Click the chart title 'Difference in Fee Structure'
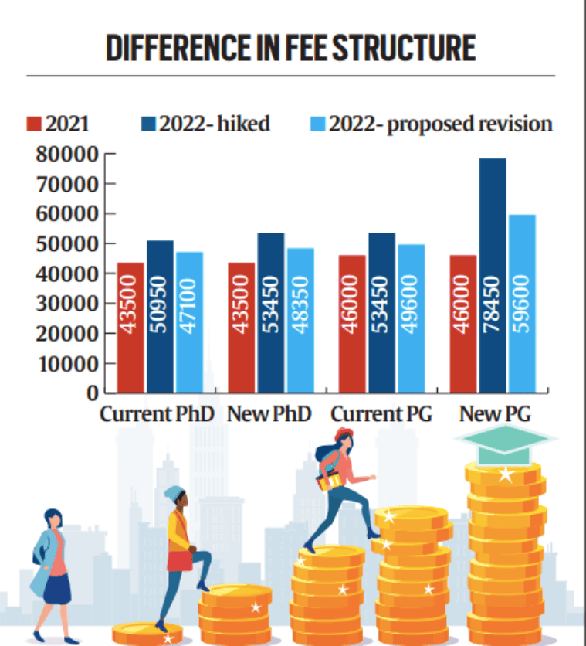pos(291,48)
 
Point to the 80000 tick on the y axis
pos(67,155)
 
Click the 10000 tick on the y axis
pos(67,363)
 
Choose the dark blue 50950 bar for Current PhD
pos(160,316)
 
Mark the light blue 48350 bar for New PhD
pos(300,320)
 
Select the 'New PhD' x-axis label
pos(269,414)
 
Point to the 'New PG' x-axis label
pos(491,414)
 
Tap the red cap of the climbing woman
pos(344,435)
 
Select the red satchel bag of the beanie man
pos(179,559)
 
